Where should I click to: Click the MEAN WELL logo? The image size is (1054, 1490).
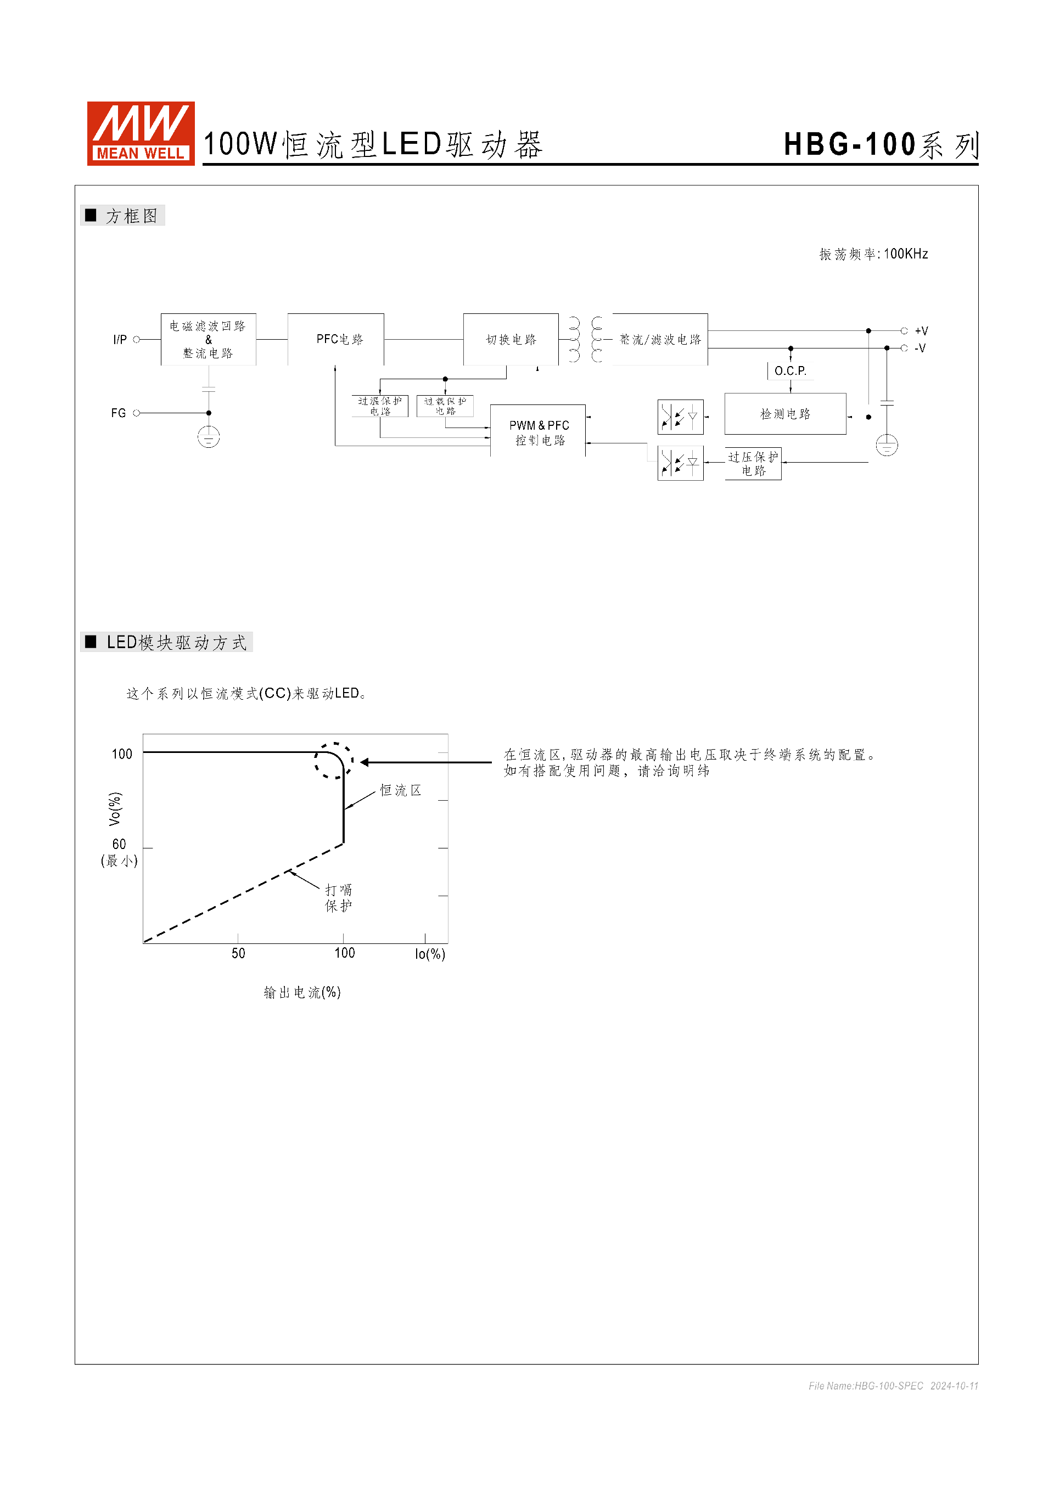click(x=141, y=133)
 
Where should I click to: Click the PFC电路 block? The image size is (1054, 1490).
click(x=335, y=339)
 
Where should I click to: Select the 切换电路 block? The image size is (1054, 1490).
click(x=511, y=339)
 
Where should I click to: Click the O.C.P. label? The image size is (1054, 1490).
click(x=790, y=370)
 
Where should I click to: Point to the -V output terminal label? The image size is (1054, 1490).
click(x=920, y=348)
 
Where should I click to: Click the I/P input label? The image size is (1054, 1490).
click(x=120, y=339)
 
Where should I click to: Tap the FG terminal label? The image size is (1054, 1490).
click(x=118, y=413)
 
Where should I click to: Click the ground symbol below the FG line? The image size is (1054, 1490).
click(x=209, y=437)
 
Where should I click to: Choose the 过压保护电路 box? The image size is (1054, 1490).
click(x=753, y=463)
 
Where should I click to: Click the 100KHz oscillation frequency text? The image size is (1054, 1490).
click(x=905, y=254)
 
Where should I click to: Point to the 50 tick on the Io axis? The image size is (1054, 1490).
click(x=238, y=953)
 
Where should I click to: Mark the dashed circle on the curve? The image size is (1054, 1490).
click(x=334, y=761)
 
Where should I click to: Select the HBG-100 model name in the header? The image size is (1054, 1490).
click(x=850, y=144)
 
